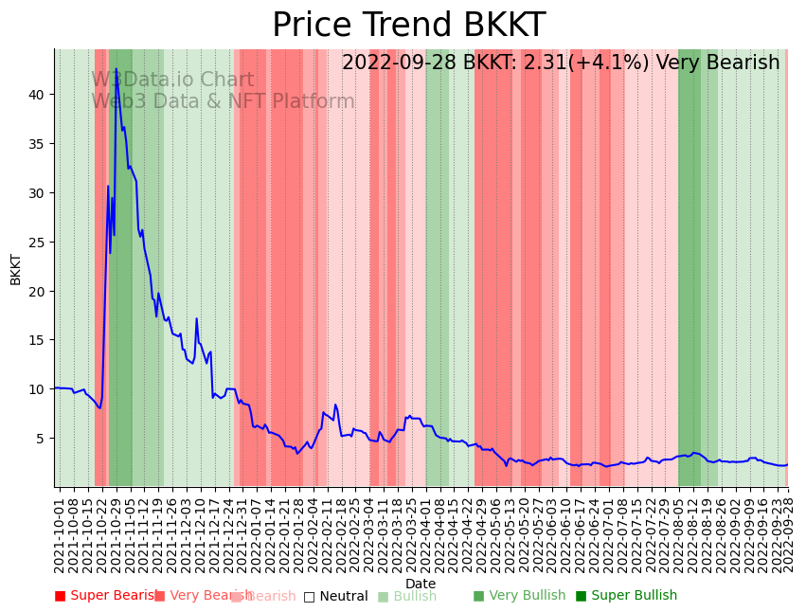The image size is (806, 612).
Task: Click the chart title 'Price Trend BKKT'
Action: [408, 26]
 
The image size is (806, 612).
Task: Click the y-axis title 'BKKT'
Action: [16, 269]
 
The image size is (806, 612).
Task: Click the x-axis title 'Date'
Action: [421, 584]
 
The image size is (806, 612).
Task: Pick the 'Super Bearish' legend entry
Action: [107, 596]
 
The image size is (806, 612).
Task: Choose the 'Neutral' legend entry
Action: [336, 597]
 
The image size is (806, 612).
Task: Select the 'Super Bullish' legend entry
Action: [627, 596]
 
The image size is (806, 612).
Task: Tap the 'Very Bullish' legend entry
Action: [519, 596]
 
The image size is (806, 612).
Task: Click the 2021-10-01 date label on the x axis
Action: [59, 531]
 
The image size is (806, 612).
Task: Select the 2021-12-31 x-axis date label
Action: [242, 531]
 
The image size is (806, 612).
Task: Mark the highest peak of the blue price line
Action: [116, 69]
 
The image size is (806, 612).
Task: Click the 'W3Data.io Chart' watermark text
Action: [172, 81]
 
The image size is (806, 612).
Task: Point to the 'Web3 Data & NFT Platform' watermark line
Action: [223, 102]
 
